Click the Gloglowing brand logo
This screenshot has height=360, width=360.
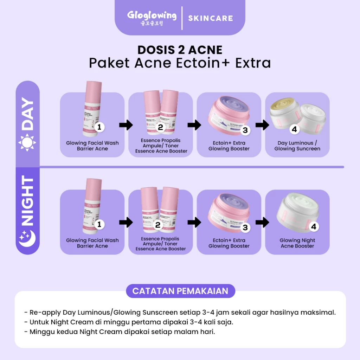click(x=152, y=18)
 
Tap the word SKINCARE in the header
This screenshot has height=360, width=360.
click(x=210, y=18)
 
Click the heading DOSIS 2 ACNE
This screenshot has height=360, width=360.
click(x=180, y=50)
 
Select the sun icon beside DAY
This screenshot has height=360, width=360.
click(x=27, y=142)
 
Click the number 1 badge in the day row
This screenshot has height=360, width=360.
click(x=99, y=127)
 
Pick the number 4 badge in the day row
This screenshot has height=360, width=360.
click(x=294, y=129)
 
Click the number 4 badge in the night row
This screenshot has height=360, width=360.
click(x=314, y=227)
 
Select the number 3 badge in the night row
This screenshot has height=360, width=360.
click(x=245, y=227)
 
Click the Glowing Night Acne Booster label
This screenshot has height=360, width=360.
click(x=297, y=243)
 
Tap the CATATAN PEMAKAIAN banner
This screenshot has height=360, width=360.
click(x=180, y=291)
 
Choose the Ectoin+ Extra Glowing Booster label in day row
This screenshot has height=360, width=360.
click(x=229, y=146)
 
